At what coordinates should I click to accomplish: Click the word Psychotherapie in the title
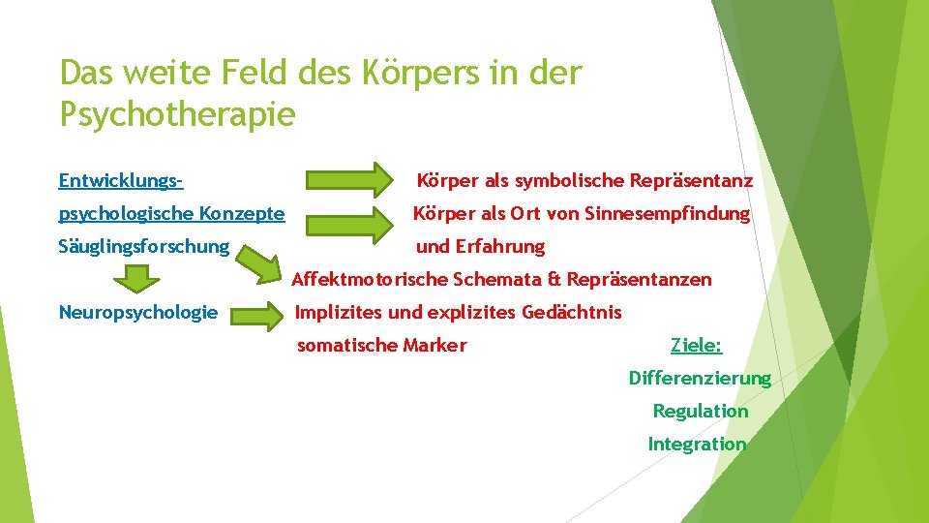177,115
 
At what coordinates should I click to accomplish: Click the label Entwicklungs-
121,181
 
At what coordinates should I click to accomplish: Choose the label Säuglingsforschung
144,247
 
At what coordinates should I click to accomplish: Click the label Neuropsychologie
138,313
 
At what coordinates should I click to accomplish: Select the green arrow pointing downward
140,279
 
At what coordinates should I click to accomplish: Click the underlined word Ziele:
697,345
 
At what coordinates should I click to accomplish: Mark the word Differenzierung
700,379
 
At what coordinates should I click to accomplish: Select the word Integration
697,445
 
